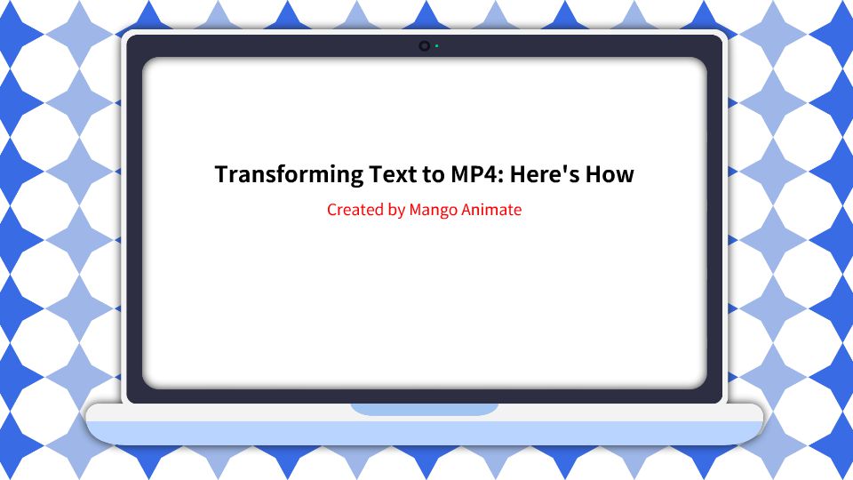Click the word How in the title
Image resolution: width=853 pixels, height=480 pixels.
tap(612, 174)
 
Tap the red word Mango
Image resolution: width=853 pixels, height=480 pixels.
tap(433, 211)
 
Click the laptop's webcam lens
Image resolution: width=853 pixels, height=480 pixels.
tap(425, 45)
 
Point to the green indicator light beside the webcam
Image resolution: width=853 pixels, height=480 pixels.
tap(436, 45)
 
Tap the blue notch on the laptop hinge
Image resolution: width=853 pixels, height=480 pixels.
tap(425, 409)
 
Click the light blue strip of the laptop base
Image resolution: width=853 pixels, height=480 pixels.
tap(425, 433)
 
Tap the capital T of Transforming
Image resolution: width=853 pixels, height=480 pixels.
tap(222, 174)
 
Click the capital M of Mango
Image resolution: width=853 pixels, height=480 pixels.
tap(416, 211)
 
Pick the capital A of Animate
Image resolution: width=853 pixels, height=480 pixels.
tap(467, 211)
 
